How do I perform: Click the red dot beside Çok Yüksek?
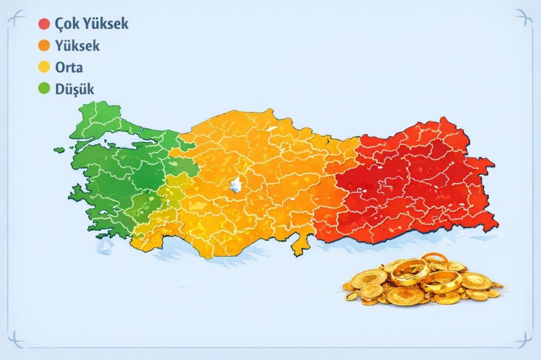(x=44, y=24)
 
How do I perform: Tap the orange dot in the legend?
(x=44, y=46)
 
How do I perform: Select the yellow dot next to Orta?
(x=44, y=68)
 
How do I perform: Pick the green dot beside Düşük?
(x=44, y=89)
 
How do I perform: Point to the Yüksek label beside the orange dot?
(x=77, y=46)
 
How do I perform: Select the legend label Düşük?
(x=74, y=89)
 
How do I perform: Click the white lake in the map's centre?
(x=235, y=185)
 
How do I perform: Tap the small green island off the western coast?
(x=59, y=150)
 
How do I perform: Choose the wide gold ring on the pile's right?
(x=442, y=282)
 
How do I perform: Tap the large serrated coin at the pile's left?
(x=369, y=278)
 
